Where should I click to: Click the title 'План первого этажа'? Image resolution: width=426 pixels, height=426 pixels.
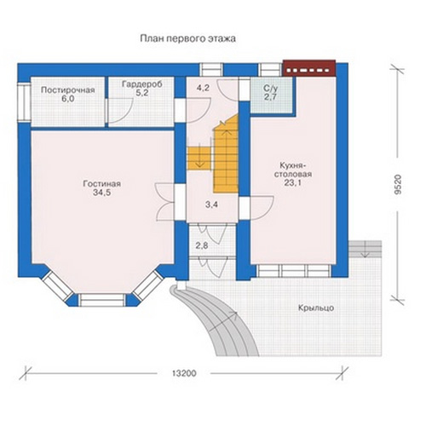coord(187,38)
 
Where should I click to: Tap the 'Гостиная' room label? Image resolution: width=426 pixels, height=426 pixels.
coord(102,184)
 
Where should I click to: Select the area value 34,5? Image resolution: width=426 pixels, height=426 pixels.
coord(101,193)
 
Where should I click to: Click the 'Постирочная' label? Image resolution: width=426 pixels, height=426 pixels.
coord(67,90)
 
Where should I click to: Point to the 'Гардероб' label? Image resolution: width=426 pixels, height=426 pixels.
coord(142,84)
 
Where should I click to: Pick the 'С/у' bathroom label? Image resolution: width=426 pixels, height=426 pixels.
coord(271,88)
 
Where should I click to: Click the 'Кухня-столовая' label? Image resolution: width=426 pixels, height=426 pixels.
coord(292,170)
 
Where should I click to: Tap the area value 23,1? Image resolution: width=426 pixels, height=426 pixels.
coord(292,183)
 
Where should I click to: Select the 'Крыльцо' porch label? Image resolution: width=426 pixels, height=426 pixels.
coord(316,308)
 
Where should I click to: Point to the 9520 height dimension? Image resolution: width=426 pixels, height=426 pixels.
coord(398,184)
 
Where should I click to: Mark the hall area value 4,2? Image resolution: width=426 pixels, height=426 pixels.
coord(203,88)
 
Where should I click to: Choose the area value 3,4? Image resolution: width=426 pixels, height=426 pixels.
coord(211,204)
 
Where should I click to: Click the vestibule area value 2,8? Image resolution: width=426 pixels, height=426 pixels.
coord(202,245)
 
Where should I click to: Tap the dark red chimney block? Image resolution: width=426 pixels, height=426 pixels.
coord(309,68)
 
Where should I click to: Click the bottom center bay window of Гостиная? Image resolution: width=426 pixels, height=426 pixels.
coord(101,300)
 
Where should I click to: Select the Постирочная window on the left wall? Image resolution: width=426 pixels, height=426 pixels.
coord(24,102)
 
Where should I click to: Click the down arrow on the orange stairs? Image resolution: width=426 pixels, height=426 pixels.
coord(200,155)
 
